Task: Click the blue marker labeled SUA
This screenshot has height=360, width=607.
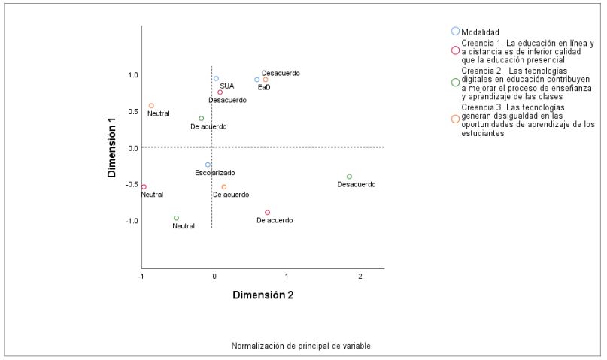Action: pos(216,79)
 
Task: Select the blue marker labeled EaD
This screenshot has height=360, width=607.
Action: pos(256,80)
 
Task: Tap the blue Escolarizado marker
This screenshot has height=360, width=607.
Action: pos(208,165)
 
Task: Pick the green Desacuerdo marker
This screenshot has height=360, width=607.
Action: pos(349,177)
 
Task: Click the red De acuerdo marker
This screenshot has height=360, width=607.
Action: pos(267,213)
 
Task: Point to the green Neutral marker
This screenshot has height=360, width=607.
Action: pos(177,218)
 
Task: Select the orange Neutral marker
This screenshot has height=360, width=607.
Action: pos(151,106)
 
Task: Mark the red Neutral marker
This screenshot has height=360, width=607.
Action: pos(144,186)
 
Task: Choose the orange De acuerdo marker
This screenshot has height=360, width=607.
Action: pos(224,187)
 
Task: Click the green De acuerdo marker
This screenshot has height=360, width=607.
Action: pos(201,119)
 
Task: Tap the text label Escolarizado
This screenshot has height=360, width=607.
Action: pos(214,173)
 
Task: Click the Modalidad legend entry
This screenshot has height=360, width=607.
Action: pos(481,32)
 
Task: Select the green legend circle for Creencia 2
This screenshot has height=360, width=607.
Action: pos(455,83)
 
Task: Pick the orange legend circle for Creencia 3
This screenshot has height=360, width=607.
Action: pos(455,119)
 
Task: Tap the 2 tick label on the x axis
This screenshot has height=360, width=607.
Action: pos(360,277)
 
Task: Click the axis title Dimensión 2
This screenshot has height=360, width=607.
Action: pos(263,295)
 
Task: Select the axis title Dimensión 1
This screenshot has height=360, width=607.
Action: pos(111,147)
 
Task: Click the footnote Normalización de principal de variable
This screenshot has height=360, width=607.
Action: pos(302,346)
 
